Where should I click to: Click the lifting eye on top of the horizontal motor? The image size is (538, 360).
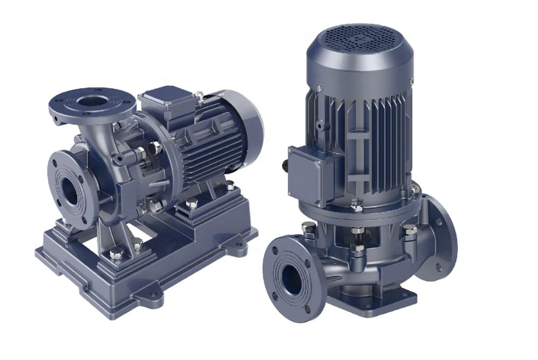tap(200, 96)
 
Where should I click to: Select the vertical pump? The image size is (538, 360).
tap(360, 178)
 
